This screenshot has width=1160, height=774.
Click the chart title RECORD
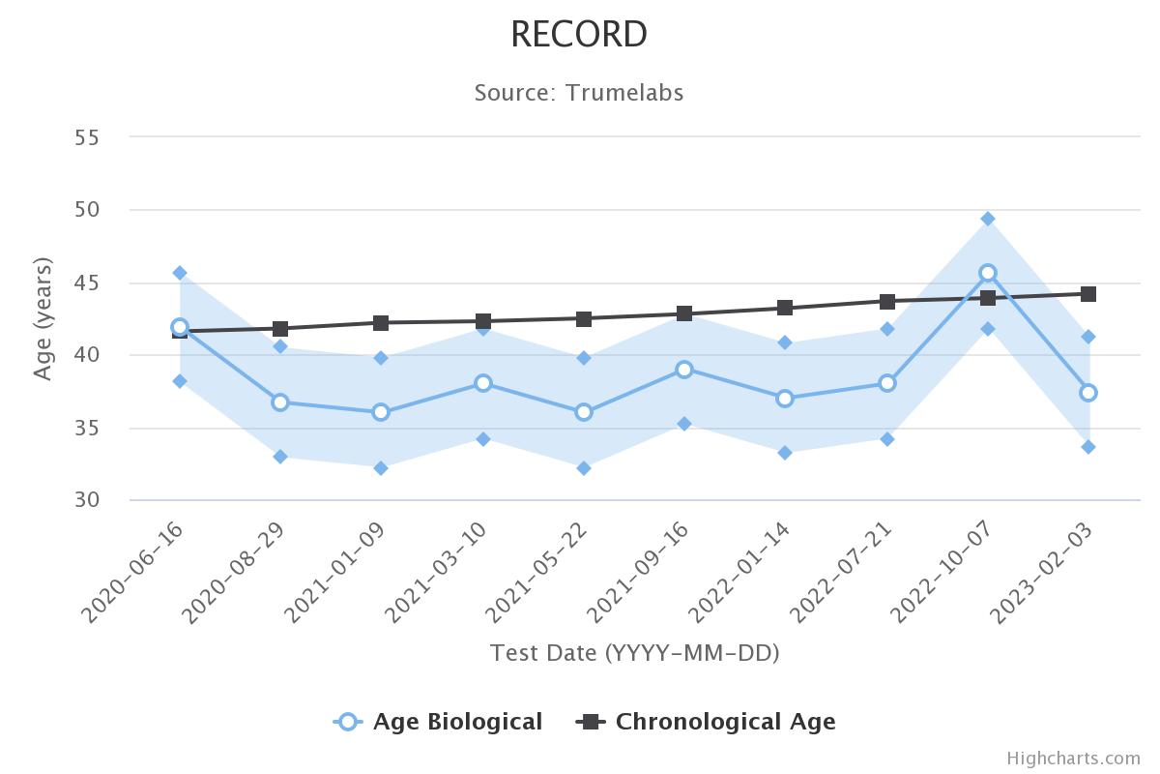(x=579, y=35)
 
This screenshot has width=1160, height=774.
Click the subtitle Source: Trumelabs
(x=579, y=93)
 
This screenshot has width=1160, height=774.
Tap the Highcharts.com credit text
(x=1073, y=759)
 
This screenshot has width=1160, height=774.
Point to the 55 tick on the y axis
(x=87, y=137)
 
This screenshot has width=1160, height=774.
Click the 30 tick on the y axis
(x=87, y=500)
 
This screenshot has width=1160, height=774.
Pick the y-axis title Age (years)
(x=43, y=319)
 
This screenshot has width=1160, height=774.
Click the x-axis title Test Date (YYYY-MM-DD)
(x=634, y=653)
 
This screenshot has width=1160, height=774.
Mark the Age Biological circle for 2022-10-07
(x=988, y=274)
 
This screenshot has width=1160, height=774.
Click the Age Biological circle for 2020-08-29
(x=280, y=402)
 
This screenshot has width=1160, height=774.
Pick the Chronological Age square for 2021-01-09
(x=381, y=323)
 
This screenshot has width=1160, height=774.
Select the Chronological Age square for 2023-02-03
(x=1088, y=294)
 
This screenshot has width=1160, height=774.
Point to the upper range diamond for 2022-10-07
(x=988, y=219)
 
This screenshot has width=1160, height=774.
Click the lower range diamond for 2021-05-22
(x=584, y=468)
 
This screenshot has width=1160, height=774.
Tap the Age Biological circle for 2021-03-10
(x=482, y=383)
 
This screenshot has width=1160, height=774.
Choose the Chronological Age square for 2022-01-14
(x=785, y=309)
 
